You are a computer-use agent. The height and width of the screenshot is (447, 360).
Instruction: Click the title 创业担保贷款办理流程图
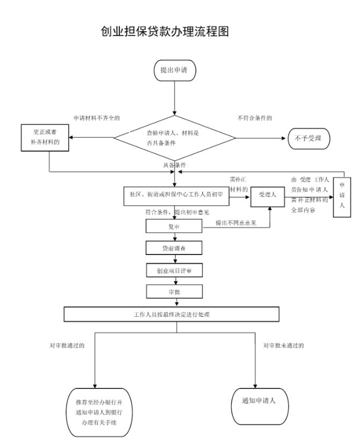pos(165,31)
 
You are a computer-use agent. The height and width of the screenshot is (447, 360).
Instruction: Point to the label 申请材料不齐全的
pos(97,117)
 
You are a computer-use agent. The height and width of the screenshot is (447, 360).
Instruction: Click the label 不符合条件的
pos(255,117)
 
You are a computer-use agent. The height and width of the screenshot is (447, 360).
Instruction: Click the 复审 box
pos(174,227)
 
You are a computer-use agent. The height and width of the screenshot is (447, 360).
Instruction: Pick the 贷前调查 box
pos(174,248)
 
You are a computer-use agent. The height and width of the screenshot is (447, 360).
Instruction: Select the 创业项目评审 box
pos(174,269)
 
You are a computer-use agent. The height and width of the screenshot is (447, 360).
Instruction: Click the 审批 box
pos(174,291)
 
